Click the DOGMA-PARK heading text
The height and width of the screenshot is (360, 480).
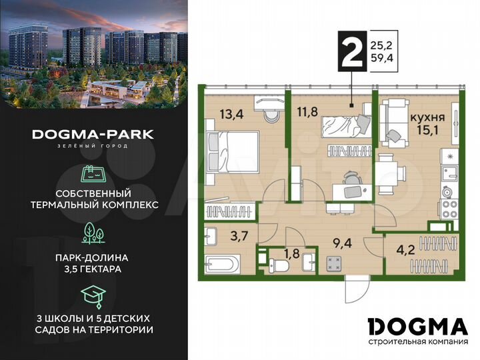click(93, 134)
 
